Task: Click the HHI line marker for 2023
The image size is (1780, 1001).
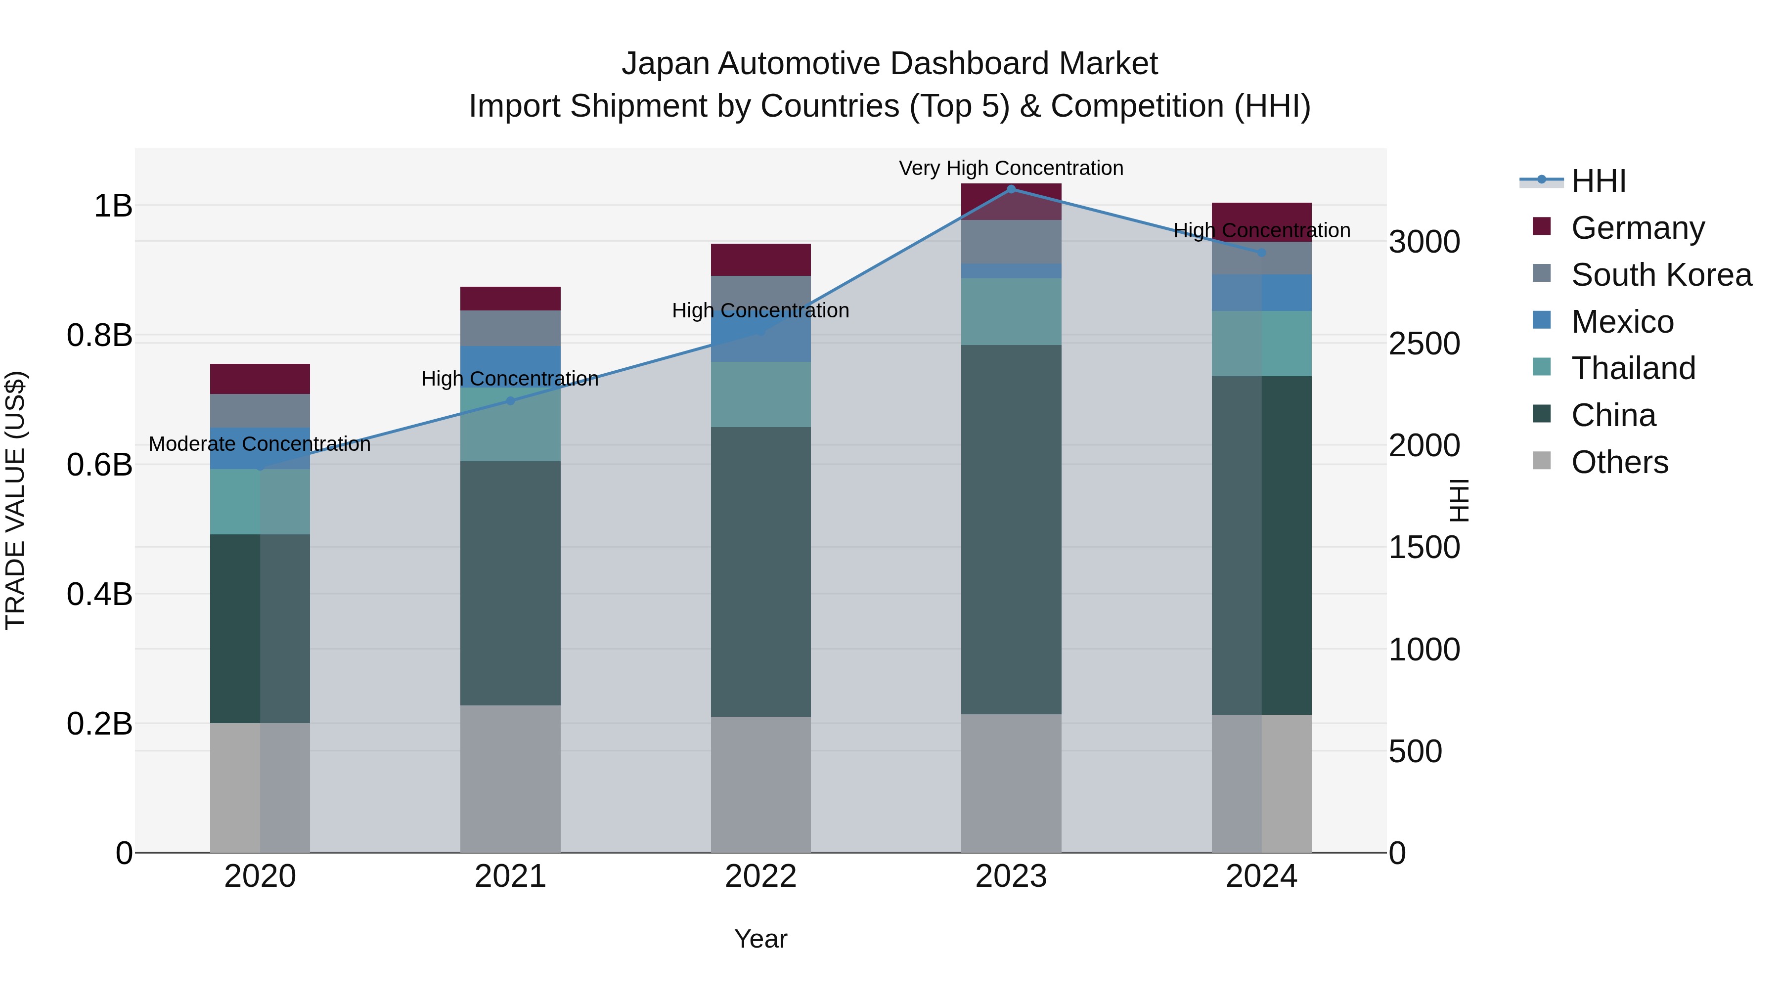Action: click(x=1011, y=189)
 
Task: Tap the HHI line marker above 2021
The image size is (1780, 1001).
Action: click(x=510, y=401)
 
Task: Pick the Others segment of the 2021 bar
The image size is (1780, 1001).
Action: click(x=510, y=779)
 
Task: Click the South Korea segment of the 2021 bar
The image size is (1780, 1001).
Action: click(x=510, y=328)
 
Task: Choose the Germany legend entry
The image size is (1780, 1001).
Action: click(x=1637, y=228)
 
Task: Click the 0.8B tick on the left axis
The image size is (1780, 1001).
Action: click(x=99, y=336)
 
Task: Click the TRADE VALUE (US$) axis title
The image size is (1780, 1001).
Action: click(x=15, y=500)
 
